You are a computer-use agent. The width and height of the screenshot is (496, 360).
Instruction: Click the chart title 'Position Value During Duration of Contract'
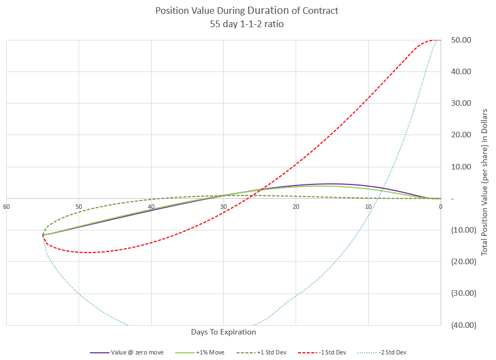pos(246,11)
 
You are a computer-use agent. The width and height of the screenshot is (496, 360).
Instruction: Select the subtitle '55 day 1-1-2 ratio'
pos(247,24)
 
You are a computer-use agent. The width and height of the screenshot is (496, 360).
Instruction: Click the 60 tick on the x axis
pos(7,207)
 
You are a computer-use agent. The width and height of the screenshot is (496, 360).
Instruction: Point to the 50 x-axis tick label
pos(79,207)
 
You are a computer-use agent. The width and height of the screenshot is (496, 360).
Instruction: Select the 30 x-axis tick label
pos(224,207)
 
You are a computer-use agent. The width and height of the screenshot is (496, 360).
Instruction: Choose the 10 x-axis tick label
pos(369,207)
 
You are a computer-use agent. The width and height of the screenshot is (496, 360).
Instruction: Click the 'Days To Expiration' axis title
pos(224,332)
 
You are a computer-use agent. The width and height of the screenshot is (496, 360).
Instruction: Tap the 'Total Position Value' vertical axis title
pos(484,182)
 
